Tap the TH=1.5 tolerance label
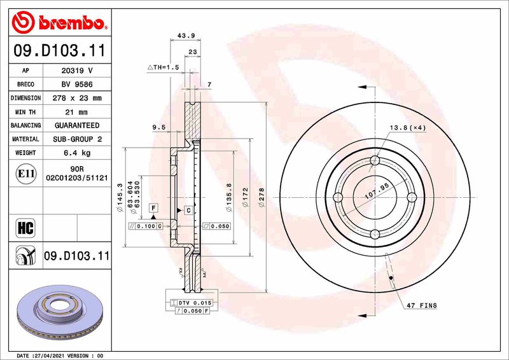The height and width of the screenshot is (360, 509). (x=164, y=67)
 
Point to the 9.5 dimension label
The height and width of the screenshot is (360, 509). (x=159, y=127)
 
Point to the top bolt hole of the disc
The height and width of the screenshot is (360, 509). (x=375, y=160)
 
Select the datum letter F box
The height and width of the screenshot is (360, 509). (x=153, y=208)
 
